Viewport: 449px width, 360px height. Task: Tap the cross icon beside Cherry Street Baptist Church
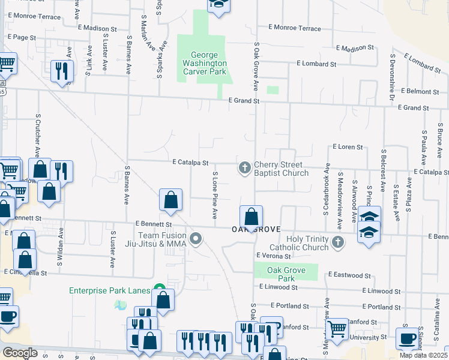click(244, 168)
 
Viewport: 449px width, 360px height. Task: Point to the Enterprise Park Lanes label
click(109, 290)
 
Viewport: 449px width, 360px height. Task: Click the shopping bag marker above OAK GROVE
click(252, 217)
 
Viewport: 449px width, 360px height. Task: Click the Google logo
click(20, 353)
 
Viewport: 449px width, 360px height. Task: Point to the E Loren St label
click(348, 146)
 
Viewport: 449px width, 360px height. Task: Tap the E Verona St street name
click(274, 256)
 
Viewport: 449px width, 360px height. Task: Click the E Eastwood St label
click(349, 275)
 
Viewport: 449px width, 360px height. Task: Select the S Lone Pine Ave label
click(215, 195)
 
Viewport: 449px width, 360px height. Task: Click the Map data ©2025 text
click(423, 355)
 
